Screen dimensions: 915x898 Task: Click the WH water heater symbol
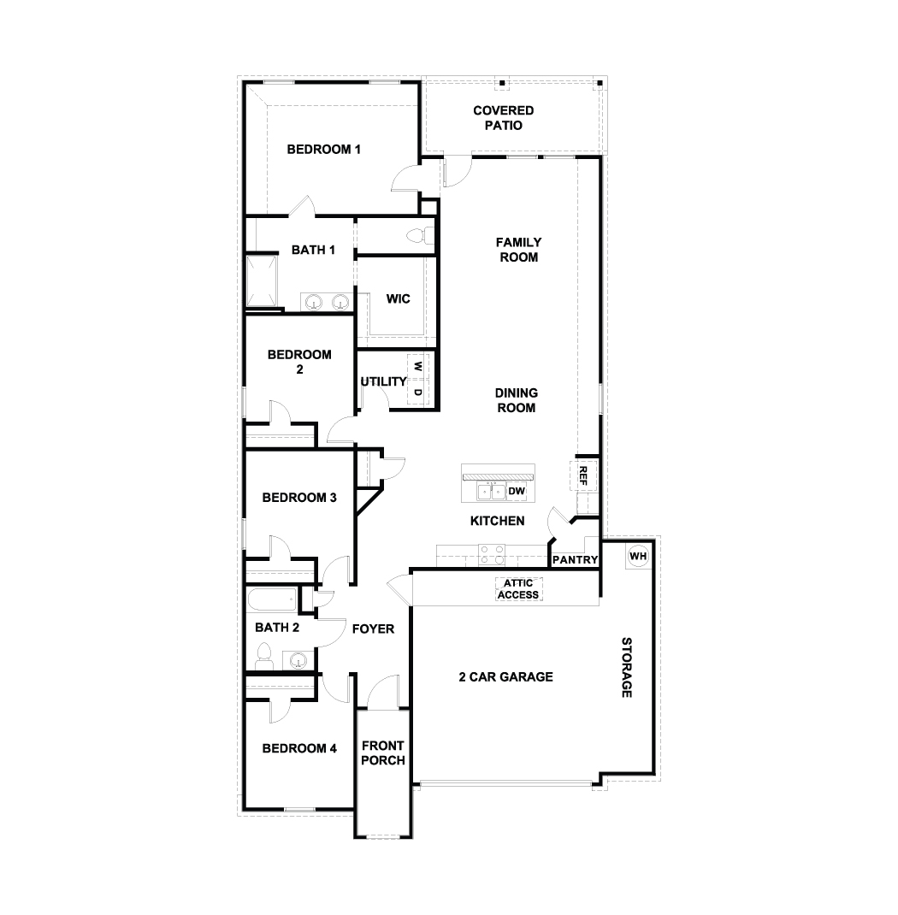(x=638, y=556)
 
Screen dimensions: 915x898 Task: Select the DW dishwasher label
(x=516, y=491)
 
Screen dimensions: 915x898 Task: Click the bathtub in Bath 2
(x=271, y=599)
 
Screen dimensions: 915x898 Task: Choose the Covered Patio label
(x=504, y=118)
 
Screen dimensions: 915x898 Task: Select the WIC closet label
(x=399, y=298)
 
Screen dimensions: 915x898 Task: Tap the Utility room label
(x=382, y=381)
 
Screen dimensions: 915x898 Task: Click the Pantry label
(x=575, y=560)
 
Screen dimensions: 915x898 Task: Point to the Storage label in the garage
(x=626, y=667)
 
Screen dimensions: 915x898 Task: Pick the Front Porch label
(x=383, y=753)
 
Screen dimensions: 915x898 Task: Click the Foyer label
(x=374, y=629)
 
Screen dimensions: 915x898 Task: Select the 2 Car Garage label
(x=505, y=677)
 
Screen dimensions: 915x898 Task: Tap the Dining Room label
(x=516, y=400)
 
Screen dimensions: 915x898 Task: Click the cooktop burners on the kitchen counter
(x=492, y=555)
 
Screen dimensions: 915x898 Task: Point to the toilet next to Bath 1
(x=418, y=235)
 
